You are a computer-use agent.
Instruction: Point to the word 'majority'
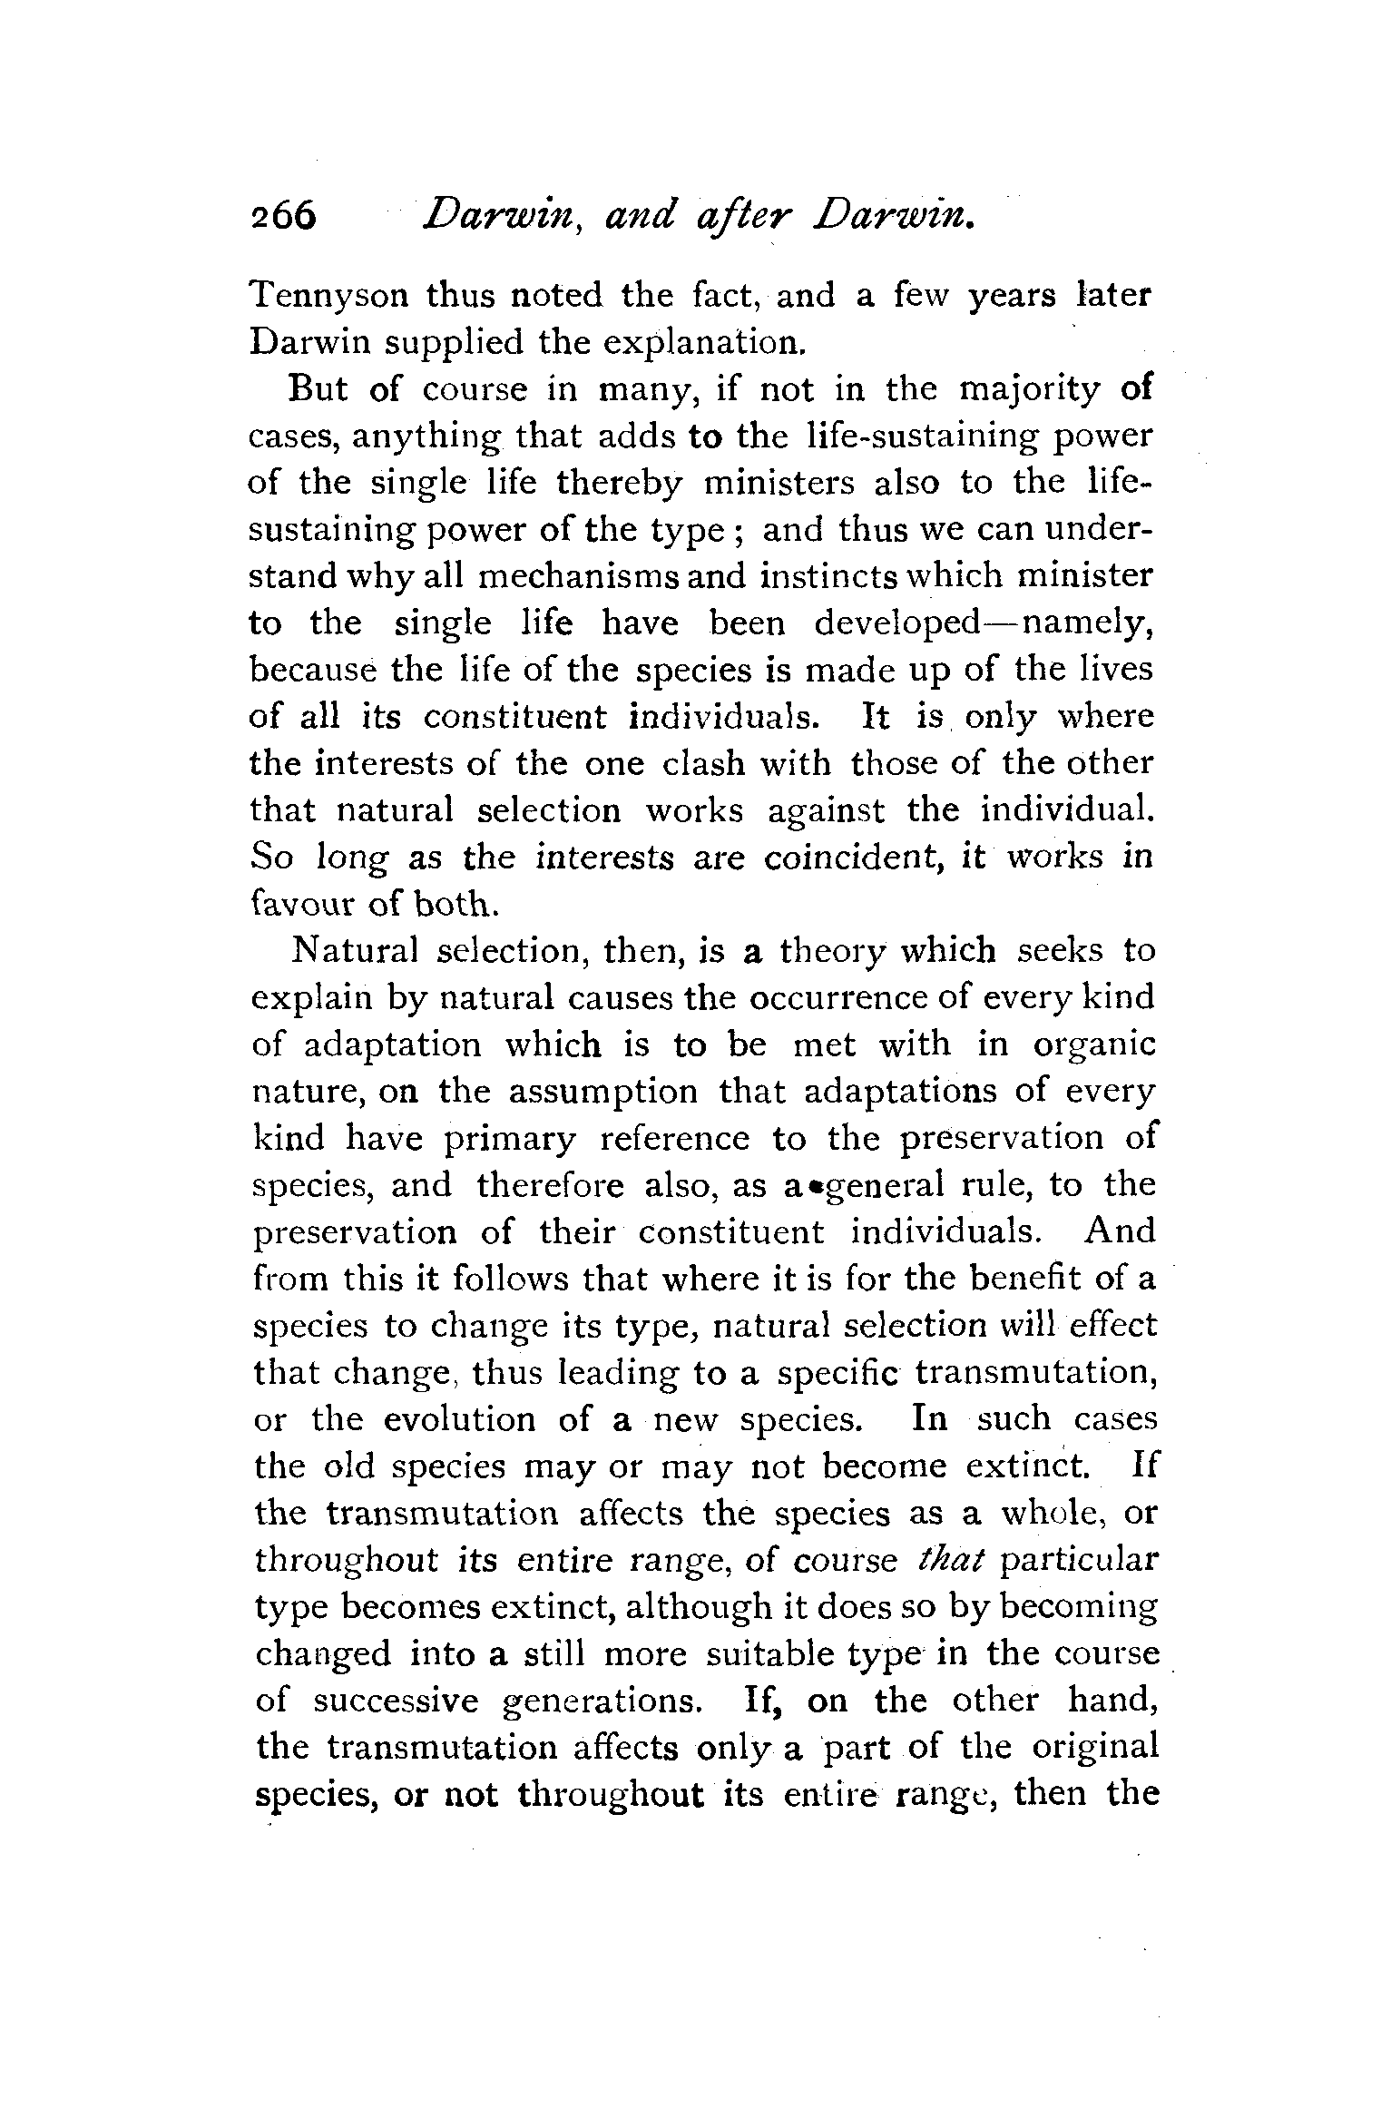point(1029,391)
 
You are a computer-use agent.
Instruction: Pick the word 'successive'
point(396,1701)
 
